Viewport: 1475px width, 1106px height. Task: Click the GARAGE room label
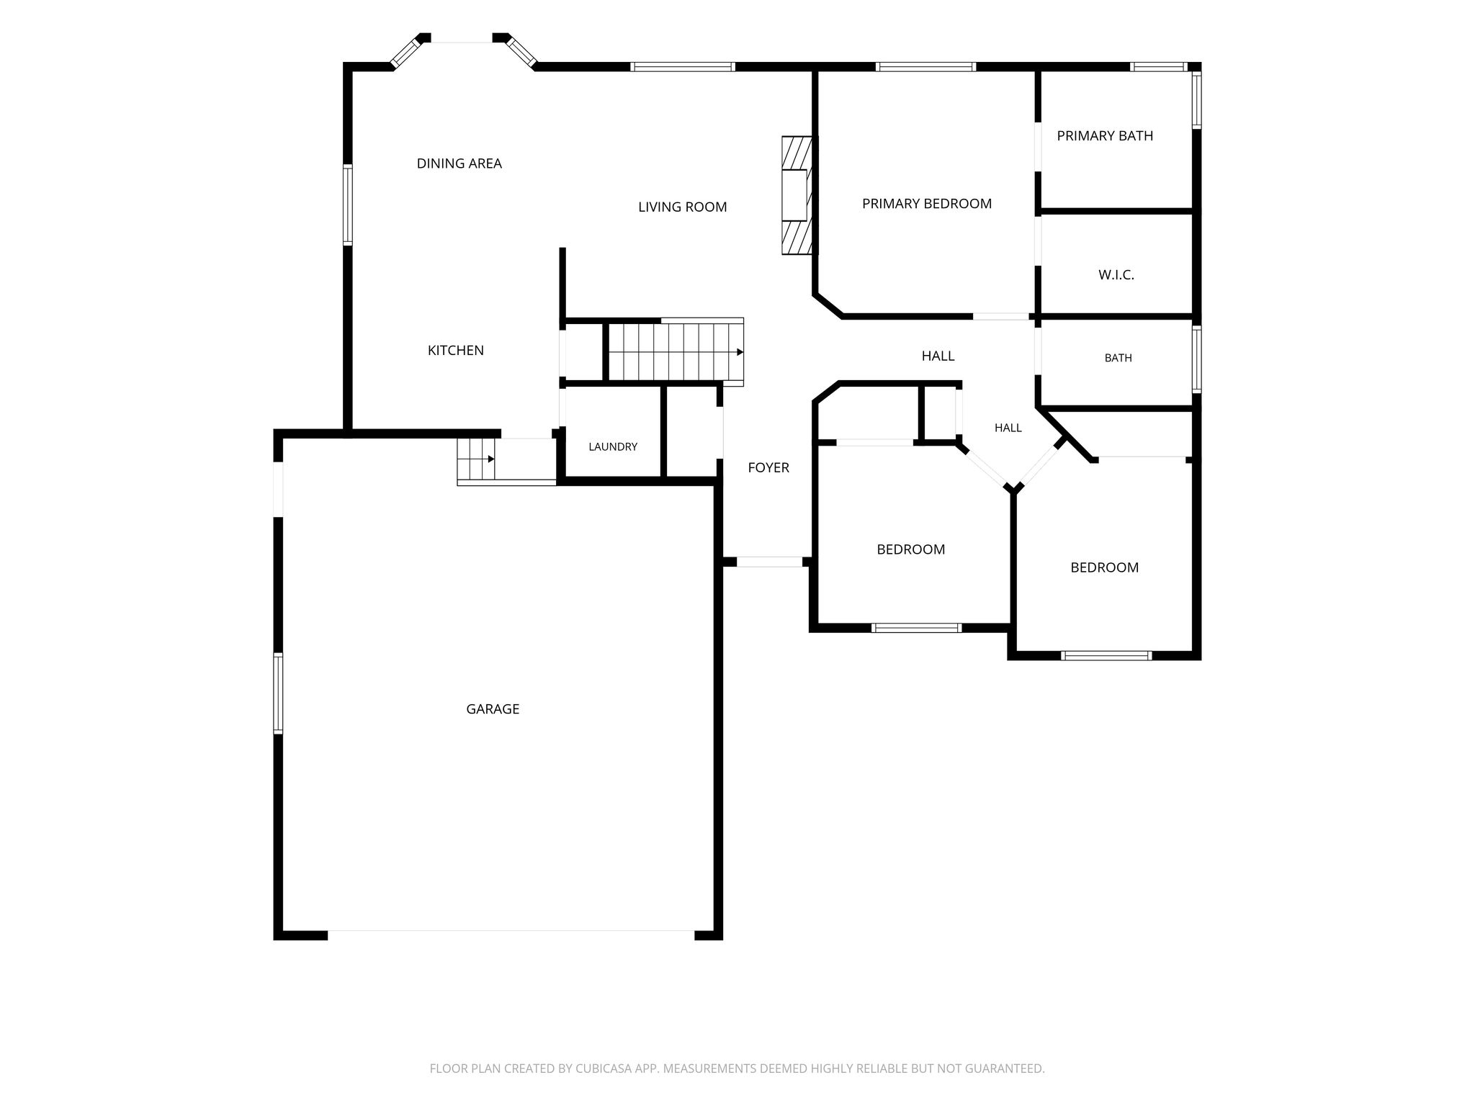pos(493,709)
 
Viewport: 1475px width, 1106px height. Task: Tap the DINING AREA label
pos(459,163)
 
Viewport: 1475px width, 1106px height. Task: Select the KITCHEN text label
pos(456,351)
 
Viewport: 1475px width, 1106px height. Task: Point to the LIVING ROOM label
pos(683,207)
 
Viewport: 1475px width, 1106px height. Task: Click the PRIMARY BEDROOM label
pos(927,204)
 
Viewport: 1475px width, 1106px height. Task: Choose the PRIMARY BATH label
pos(1105,135)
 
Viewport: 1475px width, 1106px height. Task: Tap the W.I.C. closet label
pos(1116,275)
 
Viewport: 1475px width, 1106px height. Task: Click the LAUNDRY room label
pos(613,446)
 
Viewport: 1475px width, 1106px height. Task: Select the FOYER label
pos(768,468)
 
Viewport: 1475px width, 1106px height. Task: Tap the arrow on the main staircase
pos(740,352)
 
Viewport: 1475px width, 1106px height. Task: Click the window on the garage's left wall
pos(278,693)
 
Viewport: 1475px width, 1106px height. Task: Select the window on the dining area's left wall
pos(348,204)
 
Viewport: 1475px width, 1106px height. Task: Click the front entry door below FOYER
pos(770,562)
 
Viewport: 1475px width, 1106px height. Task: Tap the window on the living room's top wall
pos(683,67)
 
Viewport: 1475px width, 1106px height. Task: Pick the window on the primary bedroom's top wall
pos(926,67)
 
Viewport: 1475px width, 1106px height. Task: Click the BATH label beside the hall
pos(1118,358)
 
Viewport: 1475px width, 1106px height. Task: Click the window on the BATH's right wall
pos(1196,359)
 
